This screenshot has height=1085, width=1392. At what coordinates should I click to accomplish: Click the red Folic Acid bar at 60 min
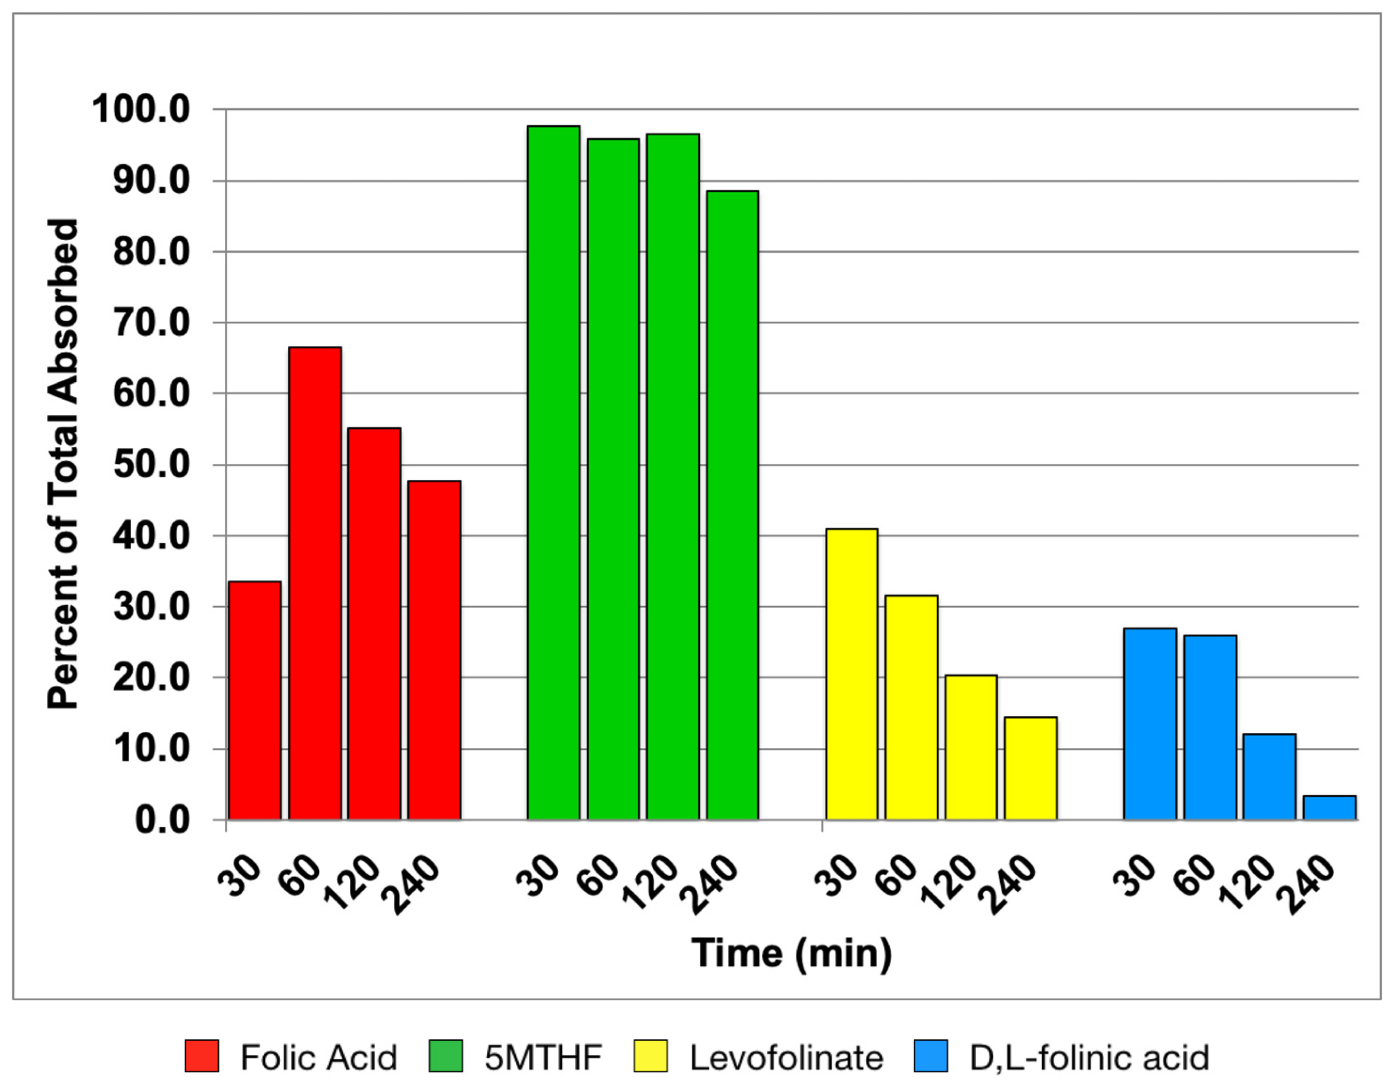point(315,583)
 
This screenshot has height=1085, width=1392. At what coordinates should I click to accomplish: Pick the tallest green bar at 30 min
point(553,472)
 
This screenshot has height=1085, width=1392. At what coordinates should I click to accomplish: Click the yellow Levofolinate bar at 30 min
point(852,674)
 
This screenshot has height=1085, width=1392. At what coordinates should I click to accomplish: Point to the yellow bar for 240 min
point(1031,768)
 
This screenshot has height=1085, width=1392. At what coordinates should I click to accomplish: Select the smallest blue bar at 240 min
point(1329,807)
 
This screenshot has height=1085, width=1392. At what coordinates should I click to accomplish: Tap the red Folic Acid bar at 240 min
point(434,650)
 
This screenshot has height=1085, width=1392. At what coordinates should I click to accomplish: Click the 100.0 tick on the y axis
point(141,110)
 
